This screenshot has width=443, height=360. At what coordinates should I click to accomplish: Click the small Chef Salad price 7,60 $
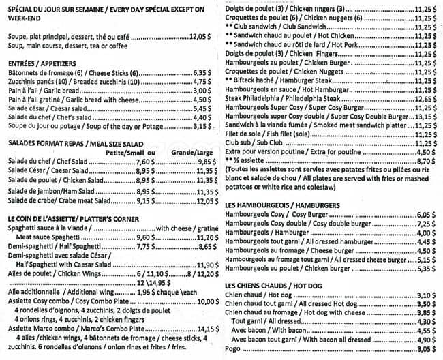(147, 162)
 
